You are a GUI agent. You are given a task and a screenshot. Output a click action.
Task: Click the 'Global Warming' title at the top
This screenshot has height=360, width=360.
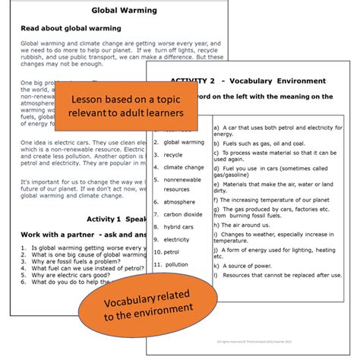[x=124, y=11]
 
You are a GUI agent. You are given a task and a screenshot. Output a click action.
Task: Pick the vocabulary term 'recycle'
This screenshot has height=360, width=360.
[x=173, y=154]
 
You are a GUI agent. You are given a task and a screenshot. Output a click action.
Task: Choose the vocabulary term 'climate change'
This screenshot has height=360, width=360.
[x=184, y=167]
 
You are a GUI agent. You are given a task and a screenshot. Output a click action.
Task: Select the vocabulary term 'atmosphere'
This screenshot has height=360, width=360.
[x=179, y=202]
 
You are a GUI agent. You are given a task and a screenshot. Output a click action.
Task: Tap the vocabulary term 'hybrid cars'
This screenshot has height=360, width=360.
[x=178, y=226]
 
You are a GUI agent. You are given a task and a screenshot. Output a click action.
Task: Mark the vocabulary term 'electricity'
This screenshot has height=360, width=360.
[x=176, y=239]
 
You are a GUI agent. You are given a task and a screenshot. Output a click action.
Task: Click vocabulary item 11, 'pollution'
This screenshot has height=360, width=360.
[x=175, y=264]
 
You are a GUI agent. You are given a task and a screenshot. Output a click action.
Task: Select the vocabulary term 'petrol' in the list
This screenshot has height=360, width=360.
[x=172, y=251]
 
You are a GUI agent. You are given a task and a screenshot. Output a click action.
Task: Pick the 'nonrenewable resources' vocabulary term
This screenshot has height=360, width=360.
[x=182, y=184]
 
